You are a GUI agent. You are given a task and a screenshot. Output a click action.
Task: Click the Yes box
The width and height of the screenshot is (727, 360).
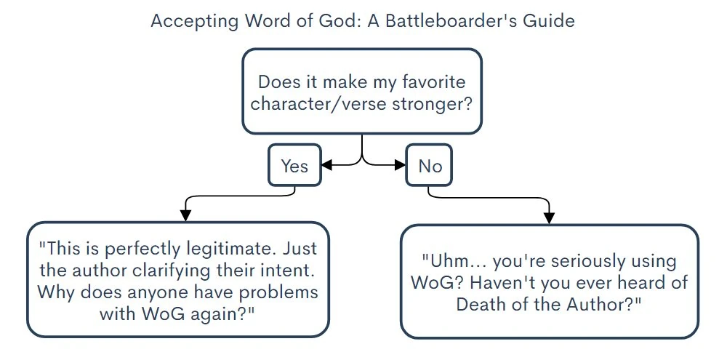pyautogui.click(x=294, y=166)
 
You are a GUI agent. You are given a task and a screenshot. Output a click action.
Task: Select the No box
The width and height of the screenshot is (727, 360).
pyautogui.click(x=430, y=166)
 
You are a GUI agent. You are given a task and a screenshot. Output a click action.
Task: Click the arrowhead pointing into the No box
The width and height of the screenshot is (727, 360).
pyautogui.click(x=400, y=166)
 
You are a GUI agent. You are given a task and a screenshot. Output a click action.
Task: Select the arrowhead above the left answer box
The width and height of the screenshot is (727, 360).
pyautogui.click(x=185, y=215)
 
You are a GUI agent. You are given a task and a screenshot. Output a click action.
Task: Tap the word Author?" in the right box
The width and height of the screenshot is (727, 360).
pyautogui.click(x=606, y=303)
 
